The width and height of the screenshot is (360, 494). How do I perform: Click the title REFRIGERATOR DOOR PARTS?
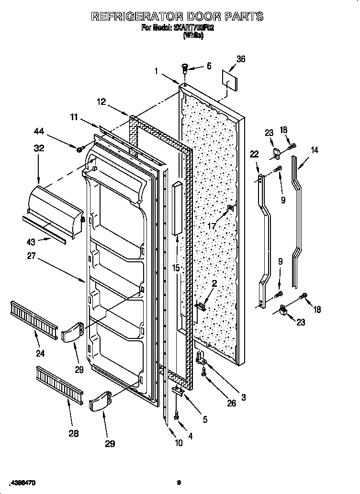(177, 16)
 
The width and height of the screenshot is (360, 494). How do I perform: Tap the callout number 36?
(241, 59)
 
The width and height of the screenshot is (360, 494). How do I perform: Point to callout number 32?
(39, 148)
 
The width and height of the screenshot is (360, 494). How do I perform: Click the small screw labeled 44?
(80, 149)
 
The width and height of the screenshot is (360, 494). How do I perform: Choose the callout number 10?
(178, 443)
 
